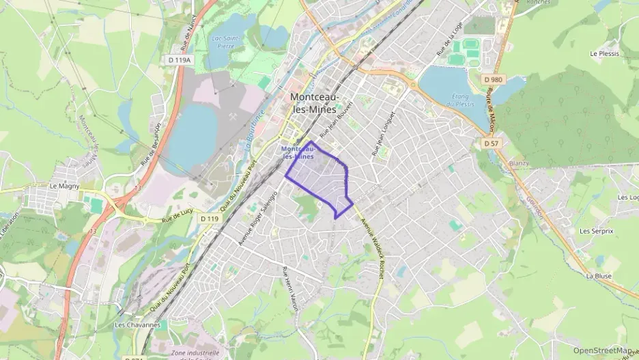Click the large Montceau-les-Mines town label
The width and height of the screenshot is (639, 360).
coord(316,102)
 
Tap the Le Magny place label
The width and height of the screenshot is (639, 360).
coord(65,185)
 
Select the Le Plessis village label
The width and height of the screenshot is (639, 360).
coord(603,53)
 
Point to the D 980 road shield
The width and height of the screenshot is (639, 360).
coord(496,80)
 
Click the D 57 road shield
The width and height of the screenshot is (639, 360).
coord(491,143)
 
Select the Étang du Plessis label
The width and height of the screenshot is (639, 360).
coord(459,100)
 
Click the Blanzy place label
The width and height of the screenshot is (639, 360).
coord(519,164)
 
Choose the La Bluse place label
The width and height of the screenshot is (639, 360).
coord(598,276)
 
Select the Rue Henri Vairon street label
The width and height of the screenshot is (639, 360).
coord(291,290)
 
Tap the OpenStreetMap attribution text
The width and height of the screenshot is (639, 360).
coord(602,350)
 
